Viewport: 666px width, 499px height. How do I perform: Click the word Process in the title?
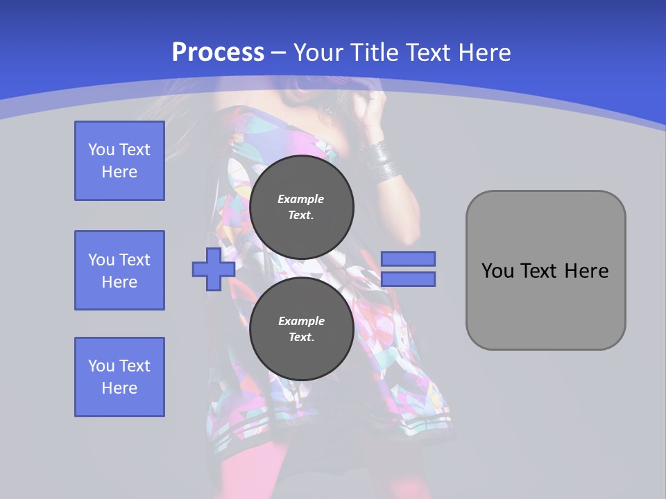218,53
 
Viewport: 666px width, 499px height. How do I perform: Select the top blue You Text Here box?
119,161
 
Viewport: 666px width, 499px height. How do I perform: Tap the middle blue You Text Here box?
119,270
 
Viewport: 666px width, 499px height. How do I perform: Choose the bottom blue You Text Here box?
119,377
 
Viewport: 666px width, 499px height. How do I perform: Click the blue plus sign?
214,270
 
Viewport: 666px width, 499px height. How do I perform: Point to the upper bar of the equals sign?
408,259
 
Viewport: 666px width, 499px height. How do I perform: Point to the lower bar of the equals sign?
408,279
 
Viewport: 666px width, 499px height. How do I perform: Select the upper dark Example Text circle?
302,207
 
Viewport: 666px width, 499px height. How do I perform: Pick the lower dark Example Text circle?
302,329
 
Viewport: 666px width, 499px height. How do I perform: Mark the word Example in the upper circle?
301,199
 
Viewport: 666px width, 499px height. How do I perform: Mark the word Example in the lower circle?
301,321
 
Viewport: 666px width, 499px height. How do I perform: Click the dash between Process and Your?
279,53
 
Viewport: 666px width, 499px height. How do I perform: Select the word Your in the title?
318,53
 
